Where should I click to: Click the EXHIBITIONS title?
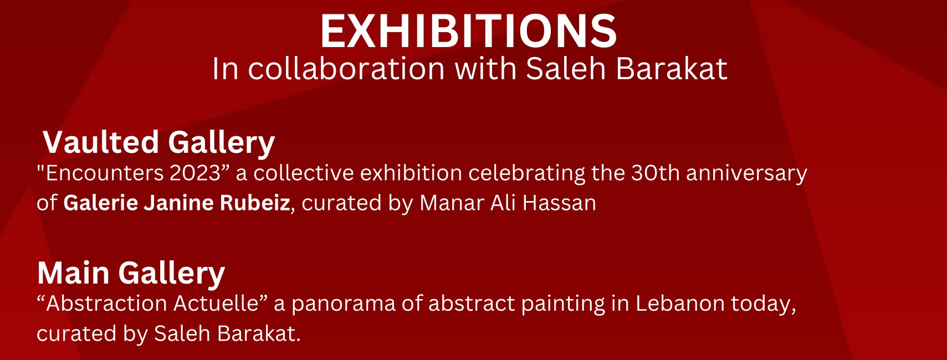(x=468, y=31)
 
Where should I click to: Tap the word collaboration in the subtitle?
(x=346, y=69)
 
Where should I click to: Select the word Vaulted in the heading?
(x=101, y=142)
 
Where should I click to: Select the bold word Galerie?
(x=101, y=203)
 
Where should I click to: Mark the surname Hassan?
(x=559, y=203)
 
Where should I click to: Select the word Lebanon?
(x=680, y=304)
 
